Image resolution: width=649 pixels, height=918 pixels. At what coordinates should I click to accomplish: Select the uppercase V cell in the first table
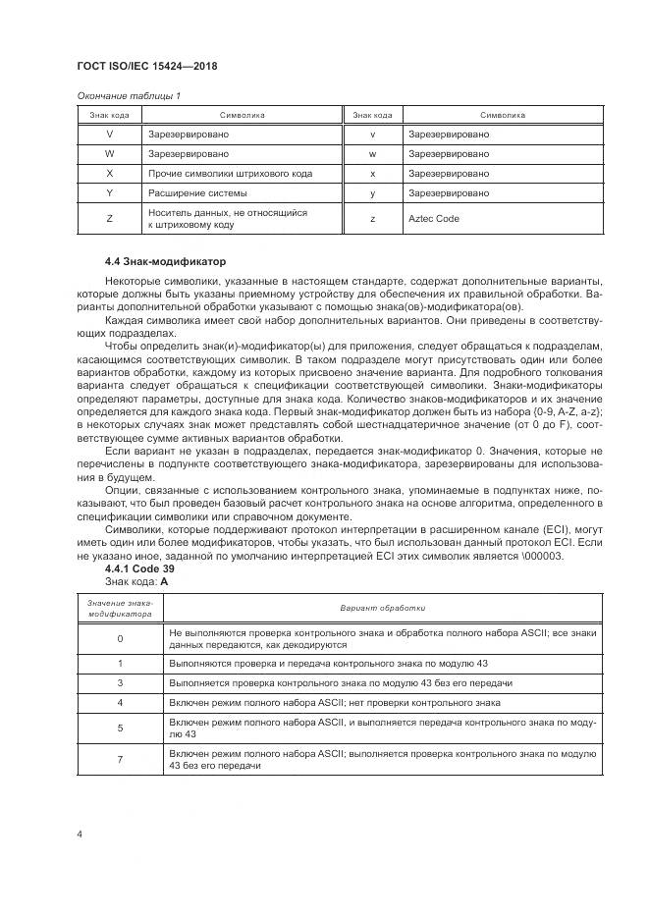(x=108, y=134)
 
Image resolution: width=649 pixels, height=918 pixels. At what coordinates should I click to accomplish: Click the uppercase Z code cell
(x=108, y=219)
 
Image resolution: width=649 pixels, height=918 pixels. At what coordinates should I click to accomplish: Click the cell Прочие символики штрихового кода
(x=230, y=173)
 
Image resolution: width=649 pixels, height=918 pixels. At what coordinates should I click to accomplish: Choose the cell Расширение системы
(x=190, y=192)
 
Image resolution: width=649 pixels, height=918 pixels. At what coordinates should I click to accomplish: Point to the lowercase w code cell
(x=373, y=153)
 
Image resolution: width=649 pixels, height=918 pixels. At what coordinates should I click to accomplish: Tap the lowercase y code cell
(x=373, y=192)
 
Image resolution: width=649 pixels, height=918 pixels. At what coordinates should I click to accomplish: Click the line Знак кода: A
(x=136, y=581)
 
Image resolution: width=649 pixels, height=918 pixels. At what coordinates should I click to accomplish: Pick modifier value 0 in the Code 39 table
(x=120, y=639)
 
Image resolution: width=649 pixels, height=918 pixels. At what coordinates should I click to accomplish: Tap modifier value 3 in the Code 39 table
(x=120, y=681)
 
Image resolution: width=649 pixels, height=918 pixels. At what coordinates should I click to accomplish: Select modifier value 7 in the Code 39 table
(x=120, y=759)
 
